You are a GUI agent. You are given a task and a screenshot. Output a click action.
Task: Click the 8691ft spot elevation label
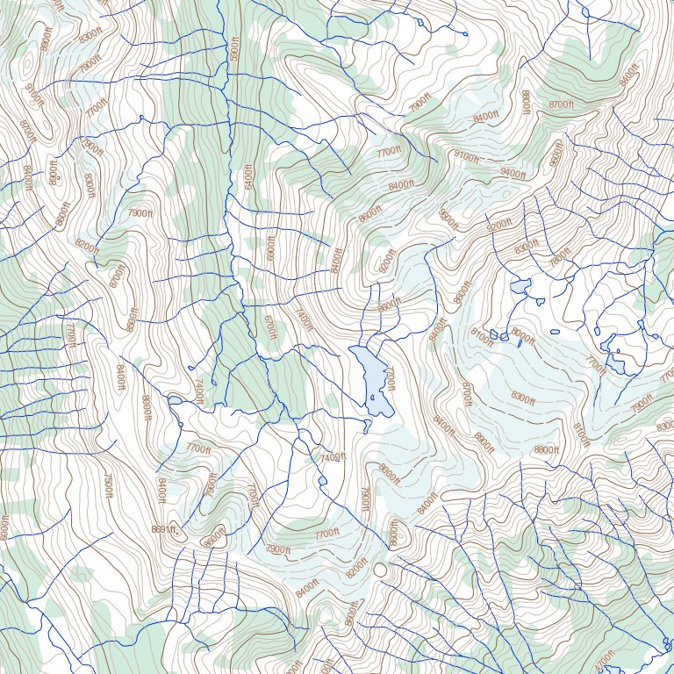pyautogui.click(x=162, y=529)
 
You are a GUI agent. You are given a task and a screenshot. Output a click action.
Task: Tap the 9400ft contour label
pyautogui.click(x=512, y=173)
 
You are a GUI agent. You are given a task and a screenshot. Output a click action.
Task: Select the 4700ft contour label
pyautogui.click(x=605, y=659)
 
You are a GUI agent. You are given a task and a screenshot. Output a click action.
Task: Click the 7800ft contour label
pyautogui.click(x=555, y=261)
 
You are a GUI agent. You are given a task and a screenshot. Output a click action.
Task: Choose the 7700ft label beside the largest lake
pyautogui.click(x=391, y=379)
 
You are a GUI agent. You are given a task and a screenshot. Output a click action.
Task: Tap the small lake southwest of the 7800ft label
pyautogui.click(x=520, y=287)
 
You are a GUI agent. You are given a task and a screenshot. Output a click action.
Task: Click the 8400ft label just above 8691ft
pyautogui.click(x=161, y=491)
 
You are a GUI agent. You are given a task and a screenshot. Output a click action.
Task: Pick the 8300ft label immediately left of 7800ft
pyautogui.click(x=527, y=247)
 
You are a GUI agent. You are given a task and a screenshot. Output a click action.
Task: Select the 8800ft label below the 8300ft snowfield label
pyautogui.click(x=546, y=450)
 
